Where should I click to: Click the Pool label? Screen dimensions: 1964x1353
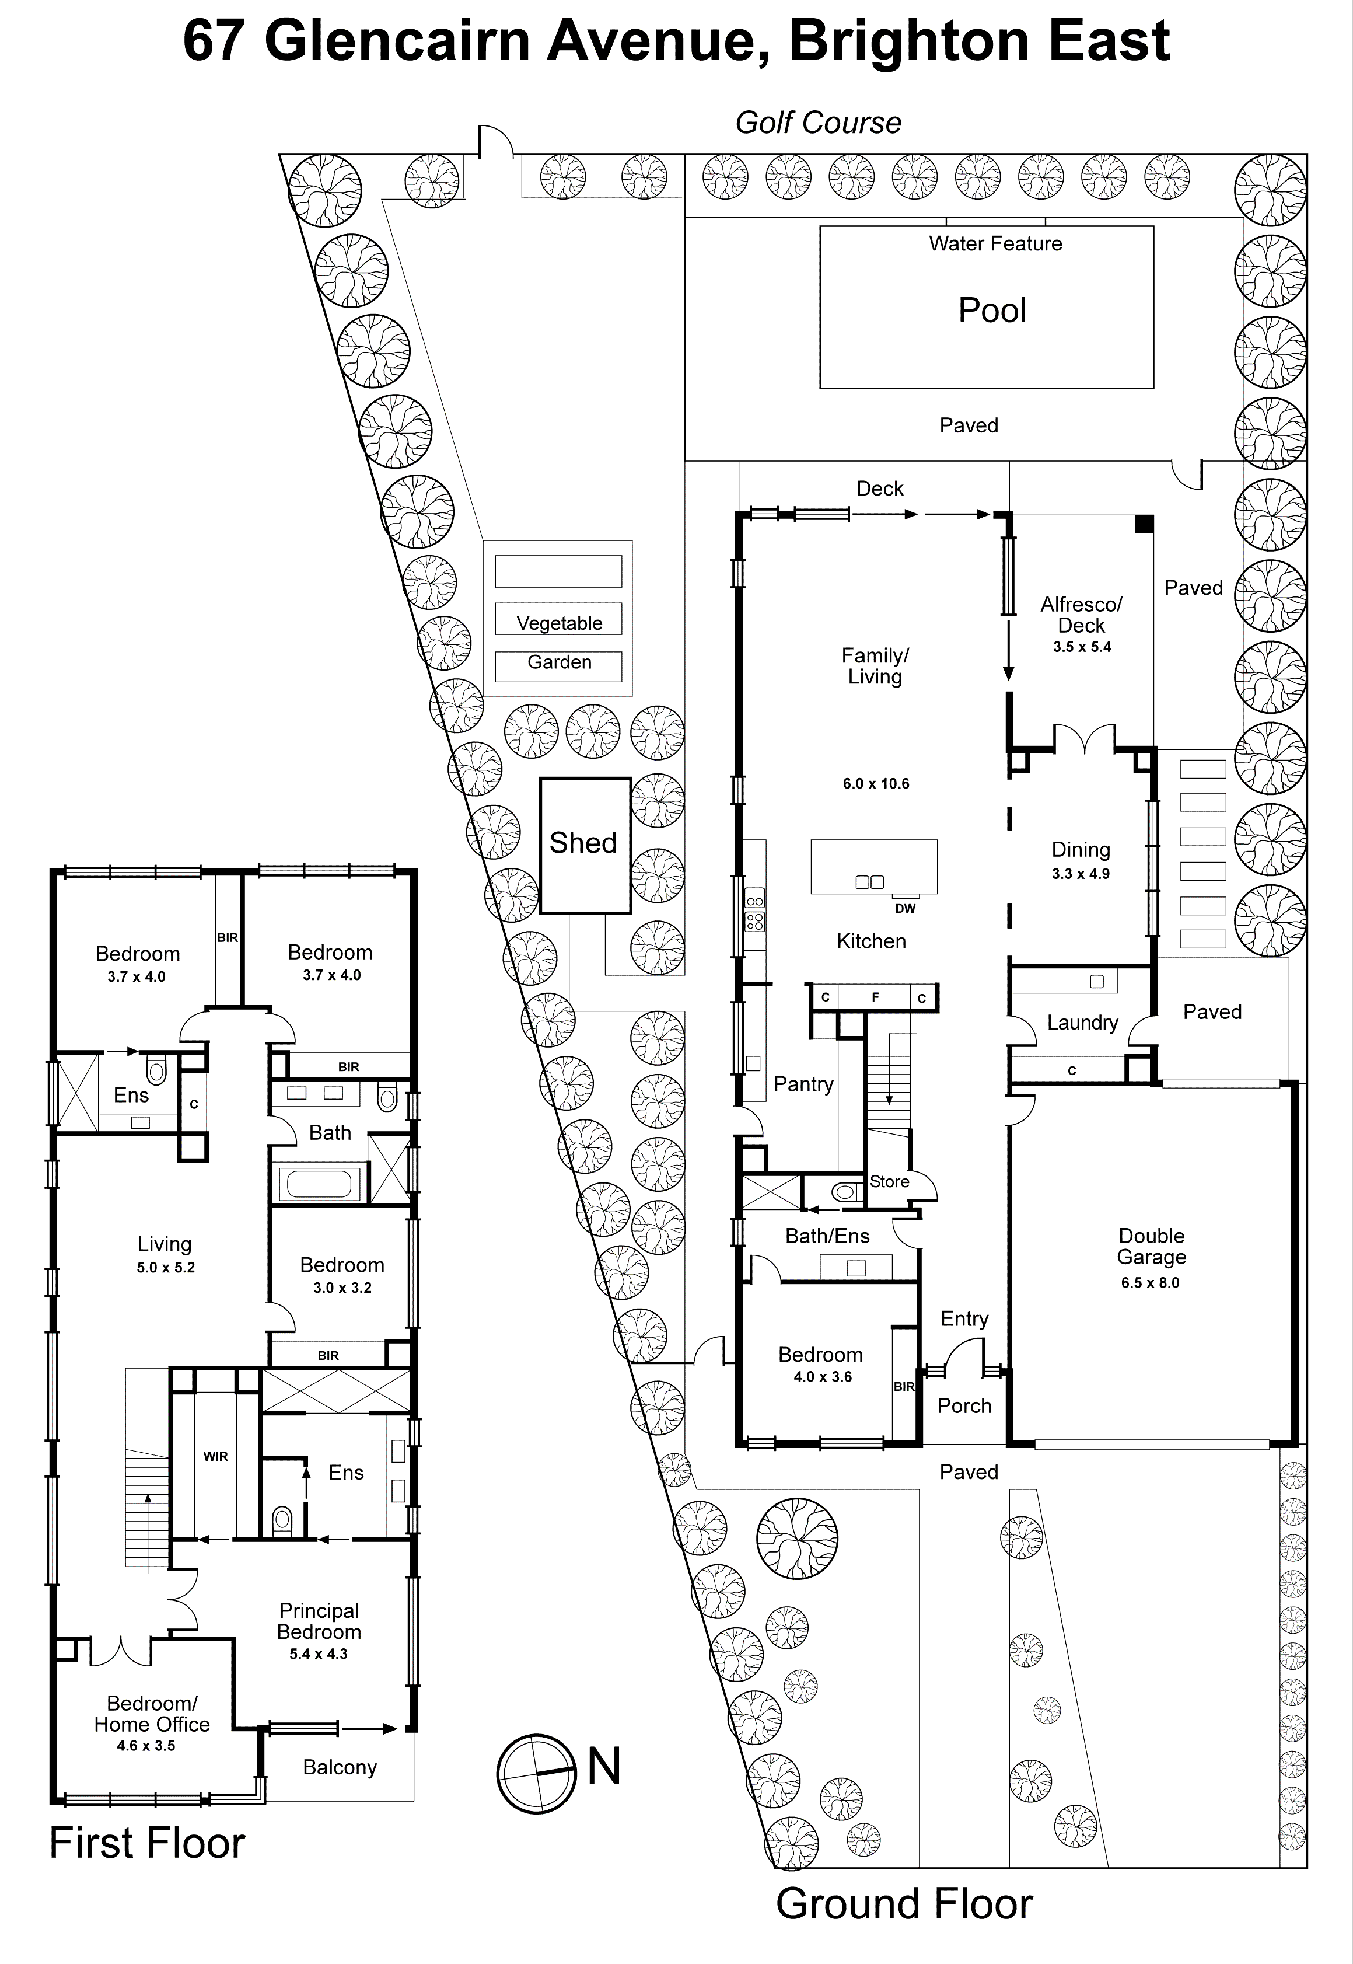(x=992, y=311)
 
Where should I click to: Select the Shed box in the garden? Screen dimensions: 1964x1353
(x=584, y=844)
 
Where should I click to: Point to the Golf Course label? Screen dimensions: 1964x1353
(x=817, y=123)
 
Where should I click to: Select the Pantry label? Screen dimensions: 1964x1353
(x=803, y=1084)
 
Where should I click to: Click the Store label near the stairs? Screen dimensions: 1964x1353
(x=889, y=1182)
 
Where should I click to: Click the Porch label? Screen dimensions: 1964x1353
(x=964, y=1406)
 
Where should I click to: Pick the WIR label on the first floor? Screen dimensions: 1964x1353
(x=215, y=1457)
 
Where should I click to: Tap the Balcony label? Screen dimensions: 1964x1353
(x=339, y=1767)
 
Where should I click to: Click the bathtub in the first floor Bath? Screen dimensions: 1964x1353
(x=319, y=1185)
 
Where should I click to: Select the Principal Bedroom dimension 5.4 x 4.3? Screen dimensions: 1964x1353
(x=318, y=1655)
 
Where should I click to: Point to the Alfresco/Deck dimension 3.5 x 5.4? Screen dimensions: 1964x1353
(x=1082, y=647)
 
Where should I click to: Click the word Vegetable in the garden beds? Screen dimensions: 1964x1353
(x=559, y=623)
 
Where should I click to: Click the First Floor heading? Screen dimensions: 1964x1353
(x=146, y=1844)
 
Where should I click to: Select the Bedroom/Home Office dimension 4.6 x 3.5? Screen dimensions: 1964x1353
(x=146, y=1746)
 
